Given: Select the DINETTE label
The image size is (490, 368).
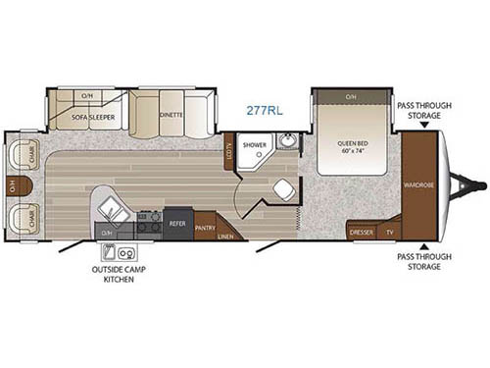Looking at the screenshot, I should pyautogui.click(x=171, y=115).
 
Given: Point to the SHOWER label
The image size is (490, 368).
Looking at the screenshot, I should pyautogui.click(x=255, y=144).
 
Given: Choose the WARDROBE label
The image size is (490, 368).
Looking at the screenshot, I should pyautogui.click(x=419, y=184).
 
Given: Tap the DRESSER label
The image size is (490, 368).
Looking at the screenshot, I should pyautogui.click(x=362, y=234).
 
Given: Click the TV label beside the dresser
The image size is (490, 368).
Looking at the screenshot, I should pyautogui.click(x=389, y=234).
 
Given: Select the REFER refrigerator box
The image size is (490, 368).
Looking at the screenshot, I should pyautogui.click(x=177, y=223).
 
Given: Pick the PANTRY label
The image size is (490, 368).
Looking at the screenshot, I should pyautogui.click(x=205, y=228).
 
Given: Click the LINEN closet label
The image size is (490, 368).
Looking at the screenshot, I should pyautogui.click(x=225, y=236).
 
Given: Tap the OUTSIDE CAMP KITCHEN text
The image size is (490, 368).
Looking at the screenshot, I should pyautogui.click(x=114, y=273).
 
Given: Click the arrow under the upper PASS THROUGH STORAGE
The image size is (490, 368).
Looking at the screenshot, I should pyautogui.click(x=422, y=126).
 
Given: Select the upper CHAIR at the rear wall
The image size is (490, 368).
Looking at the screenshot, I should pyautogui.click(x=20, y=155).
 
